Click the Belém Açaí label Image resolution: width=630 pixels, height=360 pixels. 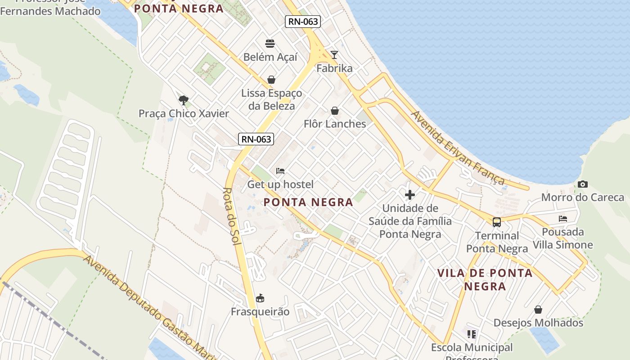[x=270, y=57]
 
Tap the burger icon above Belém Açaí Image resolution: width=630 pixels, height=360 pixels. [x=270, y=44]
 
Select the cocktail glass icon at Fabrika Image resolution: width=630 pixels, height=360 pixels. [x=334, y=55]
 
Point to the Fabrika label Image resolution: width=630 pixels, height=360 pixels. [x=334, y=68]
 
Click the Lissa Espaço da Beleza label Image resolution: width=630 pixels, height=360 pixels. [x=272, y=99]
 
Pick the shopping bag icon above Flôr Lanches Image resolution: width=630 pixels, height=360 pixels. [x=335, y=111]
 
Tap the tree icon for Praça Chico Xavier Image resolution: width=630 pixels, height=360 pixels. [x=183, y=100]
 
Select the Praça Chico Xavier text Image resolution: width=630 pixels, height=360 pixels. [x=184, y=113]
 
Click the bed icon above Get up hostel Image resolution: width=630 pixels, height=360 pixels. [x=280, y=171]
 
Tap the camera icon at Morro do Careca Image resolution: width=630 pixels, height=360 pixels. [x=583, y=184]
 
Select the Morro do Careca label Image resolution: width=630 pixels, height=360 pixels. [x=583, y=198]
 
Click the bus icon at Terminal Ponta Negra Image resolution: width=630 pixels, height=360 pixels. [x=497, y=222]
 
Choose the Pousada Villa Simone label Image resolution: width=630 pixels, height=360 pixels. [x=563, y=238]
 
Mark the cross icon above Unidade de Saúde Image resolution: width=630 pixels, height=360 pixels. [x=410, y=195]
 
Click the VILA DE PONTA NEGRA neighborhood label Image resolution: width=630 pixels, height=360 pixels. [x=485, y=279]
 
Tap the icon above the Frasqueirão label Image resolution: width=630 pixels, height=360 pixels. [x=260, y=298]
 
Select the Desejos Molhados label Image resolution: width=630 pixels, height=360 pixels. [x=538, y=323]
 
